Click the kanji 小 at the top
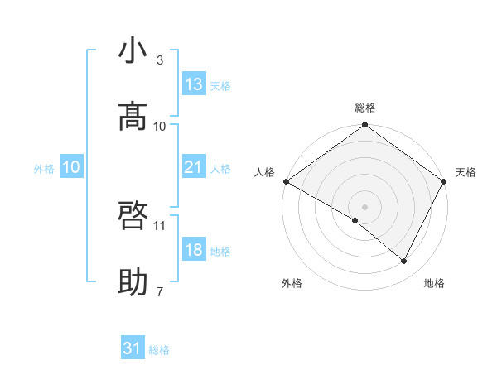pos(133,51)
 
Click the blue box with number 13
pos(194,84)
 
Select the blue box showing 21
pos(194,167)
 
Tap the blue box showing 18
pos(194,250)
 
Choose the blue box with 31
pos(133,349)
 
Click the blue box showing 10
pos(71,167)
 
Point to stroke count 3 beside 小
pos(160,60)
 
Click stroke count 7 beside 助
pos(160,291)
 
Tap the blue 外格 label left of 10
pos(44,169)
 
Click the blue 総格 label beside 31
pos(159,350)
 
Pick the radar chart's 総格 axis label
pos(365,108)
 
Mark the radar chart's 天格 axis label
pos(466,172)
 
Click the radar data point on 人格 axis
pos(286,181)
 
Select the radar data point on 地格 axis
pos(404,261)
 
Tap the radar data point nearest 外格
pos(355,220)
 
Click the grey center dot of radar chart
pos(365,206)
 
